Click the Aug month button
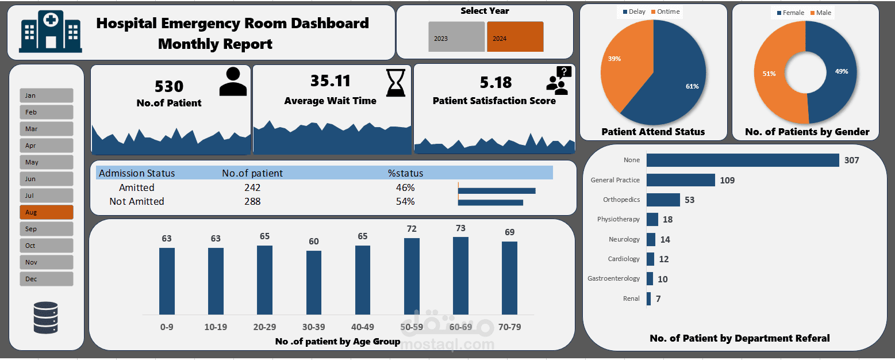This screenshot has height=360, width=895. click(46, 212)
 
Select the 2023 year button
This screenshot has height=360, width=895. click(456, 37)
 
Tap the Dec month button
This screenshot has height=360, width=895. click(46, 279)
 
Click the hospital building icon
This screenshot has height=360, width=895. click(50, 32)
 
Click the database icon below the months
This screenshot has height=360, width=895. click(45, 318)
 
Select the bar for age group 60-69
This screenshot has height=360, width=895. click(460, 275)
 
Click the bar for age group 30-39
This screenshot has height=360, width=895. click(314, 282)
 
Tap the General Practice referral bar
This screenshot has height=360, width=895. click(681, 180)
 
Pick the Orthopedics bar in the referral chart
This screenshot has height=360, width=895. click(663, 200)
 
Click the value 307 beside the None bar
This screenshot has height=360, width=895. click(851, 160)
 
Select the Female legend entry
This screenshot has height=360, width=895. click(790, 13)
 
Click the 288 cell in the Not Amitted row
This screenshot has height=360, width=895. click(252, 201)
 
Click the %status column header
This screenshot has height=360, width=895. click(405, 173)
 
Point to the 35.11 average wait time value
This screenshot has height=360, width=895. click(330, 81)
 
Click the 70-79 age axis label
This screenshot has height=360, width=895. click(509, 327)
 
